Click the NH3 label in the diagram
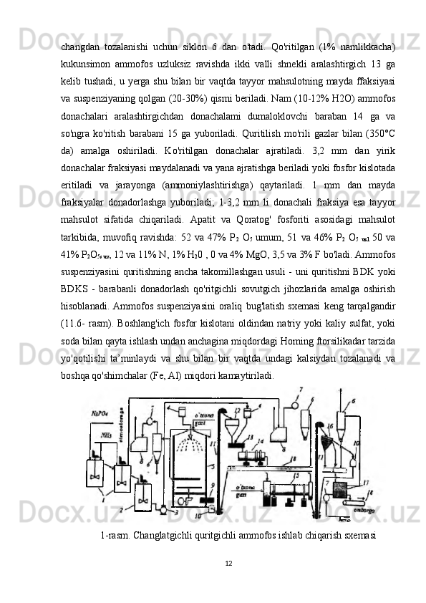[x=105, y=434]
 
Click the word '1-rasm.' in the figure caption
[x=114, y=534]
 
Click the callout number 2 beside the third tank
[x=120, y=509]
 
